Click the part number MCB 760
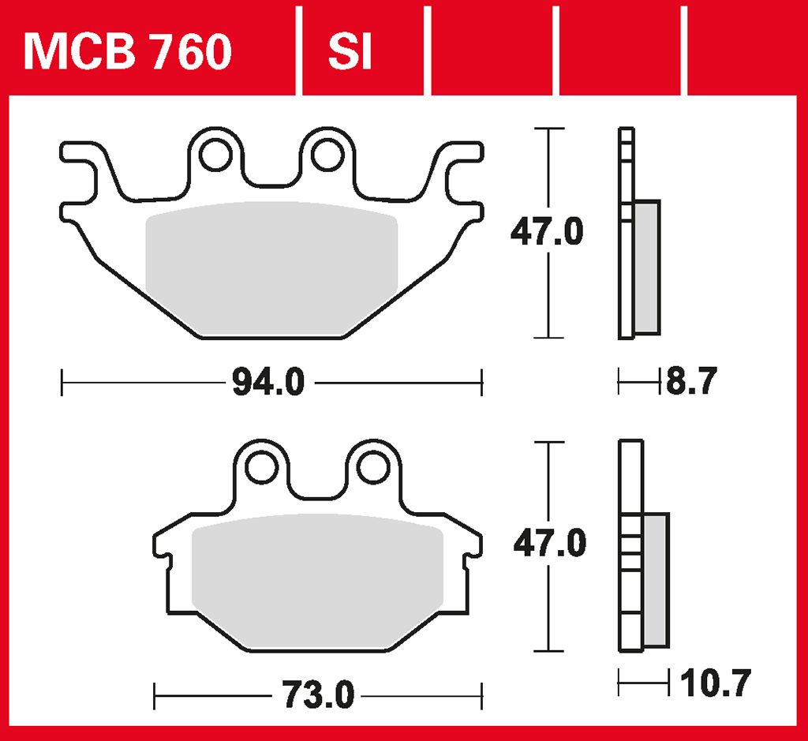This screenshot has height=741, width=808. click(128, 51)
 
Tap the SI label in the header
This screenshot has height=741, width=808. click(350, 51)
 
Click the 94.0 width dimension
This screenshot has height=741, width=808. click(268, 383)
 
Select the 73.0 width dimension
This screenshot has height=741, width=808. click(318, 695)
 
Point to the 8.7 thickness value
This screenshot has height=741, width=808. click(691, 381)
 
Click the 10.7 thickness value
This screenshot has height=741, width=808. click(716, 683)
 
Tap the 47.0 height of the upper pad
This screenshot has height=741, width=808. click(547, 231)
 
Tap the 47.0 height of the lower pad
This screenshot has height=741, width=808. click(550, 543)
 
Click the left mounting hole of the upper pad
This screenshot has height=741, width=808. click(215, 155)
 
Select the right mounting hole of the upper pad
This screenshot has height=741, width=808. click(327, 155)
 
